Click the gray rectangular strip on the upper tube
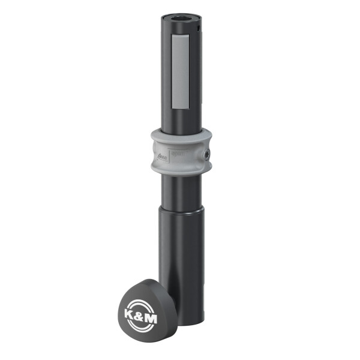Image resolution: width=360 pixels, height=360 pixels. click(x=180, y=72)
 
